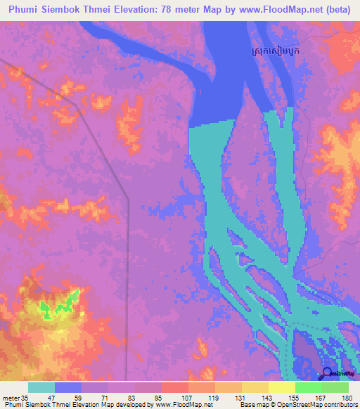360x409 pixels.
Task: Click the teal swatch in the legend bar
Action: tap(41, 387)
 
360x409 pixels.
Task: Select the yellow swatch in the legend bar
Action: tap(281, 387)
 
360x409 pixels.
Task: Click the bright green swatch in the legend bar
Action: tap(308, 387)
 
